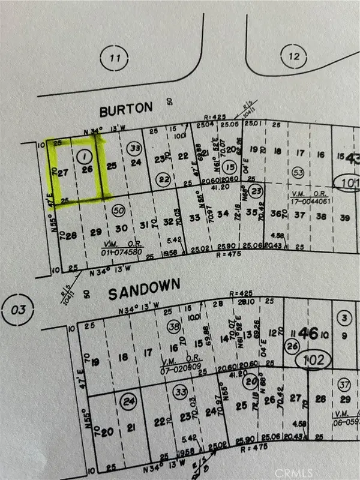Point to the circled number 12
tap(293, 56)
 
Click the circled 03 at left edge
tap(20, 310)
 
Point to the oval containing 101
tap(347, 182)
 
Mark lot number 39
tap(344, 217)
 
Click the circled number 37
tap(344, 384)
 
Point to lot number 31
tap(144, 226)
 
